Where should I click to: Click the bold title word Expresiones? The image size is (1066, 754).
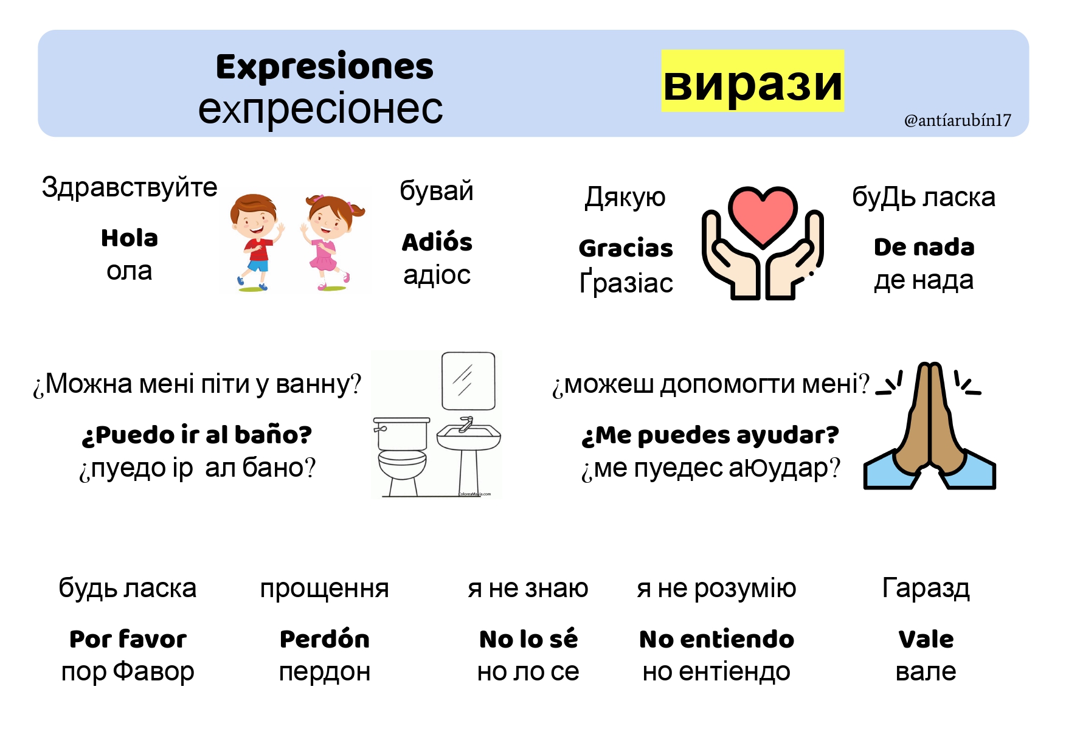[x=325, y=67]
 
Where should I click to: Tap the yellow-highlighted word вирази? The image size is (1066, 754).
[x=753, y=81]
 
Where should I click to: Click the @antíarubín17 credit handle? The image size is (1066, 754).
[x=958, y=120]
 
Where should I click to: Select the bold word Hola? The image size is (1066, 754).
[x=130, y=238]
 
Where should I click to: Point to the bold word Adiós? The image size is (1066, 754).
[x=437, y=242]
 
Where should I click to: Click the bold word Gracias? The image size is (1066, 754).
[x=626, y=248]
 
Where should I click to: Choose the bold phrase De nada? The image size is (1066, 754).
[x=924, y=247]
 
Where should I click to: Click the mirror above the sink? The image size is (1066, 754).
[x=468, y=381]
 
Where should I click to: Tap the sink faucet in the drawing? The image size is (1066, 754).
[x=466, y=423]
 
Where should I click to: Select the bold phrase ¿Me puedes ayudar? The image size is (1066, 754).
[x=710, y=435]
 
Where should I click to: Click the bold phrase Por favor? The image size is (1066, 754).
[x=128, y=639]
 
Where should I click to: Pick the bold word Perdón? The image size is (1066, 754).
[x=325, y=638]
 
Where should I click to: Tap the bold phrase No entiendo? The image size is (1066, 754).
[x=717, y=639]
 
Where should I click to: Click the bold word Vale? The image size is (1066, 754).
[x=926, y=639]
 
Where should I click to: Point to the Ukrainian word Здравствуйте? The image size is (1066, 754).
[x=130, y=188]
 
